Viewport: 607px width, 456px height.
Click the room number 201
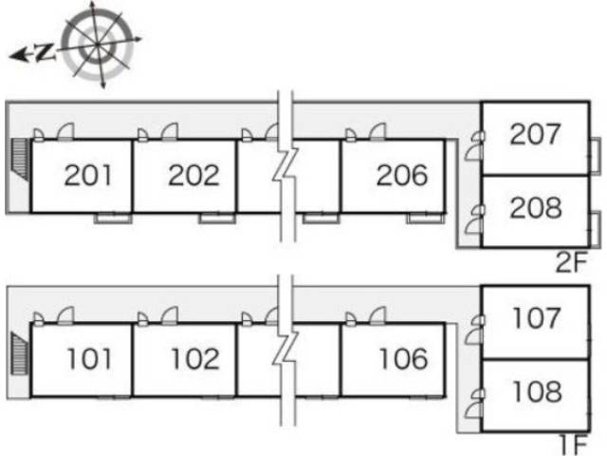[88, 175]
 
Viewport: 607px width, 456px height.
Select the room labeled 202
[193, 175]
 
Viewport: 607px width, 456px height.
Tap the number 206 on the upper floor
[402, 175]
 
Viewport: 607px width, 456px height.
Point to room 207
[535, 134]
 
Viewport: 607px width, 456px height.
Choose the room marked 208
[536, 208]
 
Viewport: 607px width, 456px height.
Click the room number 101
[89, 359]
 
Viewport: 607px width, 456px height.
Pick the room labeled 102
[195, 359]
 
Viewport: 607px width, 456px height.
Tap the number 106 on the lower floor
[403, 359]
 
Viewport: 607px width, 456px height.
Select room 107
[537, 318]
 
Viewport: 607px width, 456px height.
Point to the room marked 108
[538, 391]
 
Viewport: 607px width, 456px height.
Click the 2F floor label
[571, 262]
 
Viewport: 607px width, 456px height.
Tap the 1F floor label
[574, 446]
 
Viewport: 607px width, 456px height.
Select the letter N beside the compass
[46, 52]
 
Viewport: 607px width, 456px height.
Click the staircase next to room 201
[21, 160]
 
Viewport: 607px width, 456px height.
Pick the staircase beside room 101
[20, 353]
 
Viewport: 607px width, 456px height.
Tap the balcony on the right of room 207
[596, 156]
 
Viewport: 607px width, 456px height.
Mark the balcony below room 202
[217, 218]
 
